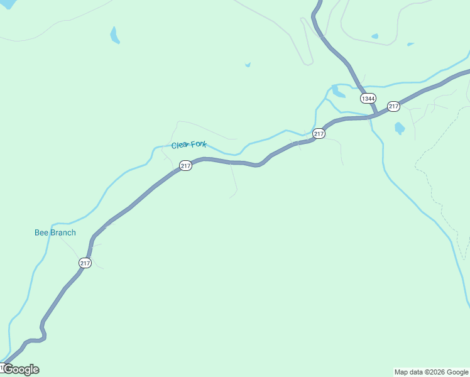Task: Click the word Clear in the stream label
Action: coord(180,145)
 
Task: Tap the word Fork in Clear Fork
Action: coord(199,144)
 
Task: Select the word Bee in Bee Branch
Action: coord(41,232)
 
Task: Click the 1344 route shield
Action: coord(368,99)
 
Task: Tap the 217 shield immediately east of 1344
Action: coord(393,106)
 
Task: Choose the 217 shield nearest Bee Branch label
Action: coord(85,263)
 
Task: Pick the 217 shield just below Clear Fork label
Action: coord(185,165)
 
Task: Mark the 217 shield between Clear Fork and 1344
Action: coord(319,133)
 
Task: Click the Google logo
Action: coord(21,369)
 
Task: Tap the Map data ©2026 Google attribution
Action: coord(432,372)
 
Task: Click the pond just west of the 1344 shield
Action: coord(338,92)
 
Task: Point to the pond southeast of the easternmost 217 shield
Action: coord(400,128)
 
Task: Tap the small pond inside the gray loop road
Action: coord(374,36)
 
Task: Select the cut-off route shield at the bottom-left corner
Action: coord(3,366)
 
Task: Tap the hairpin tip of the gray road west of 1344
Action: coord(309,63)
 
